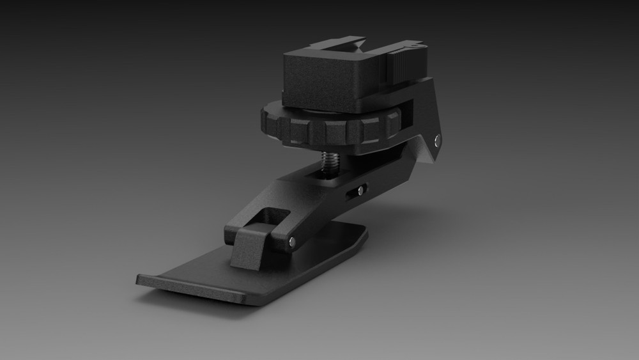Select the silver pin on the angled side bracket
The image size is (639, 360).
436,140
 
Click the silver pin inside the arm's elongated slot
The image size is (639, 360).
362,189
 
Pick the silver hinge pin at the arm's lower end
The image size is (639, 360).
292,241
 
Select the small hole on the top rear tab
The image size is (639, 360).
418,45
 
